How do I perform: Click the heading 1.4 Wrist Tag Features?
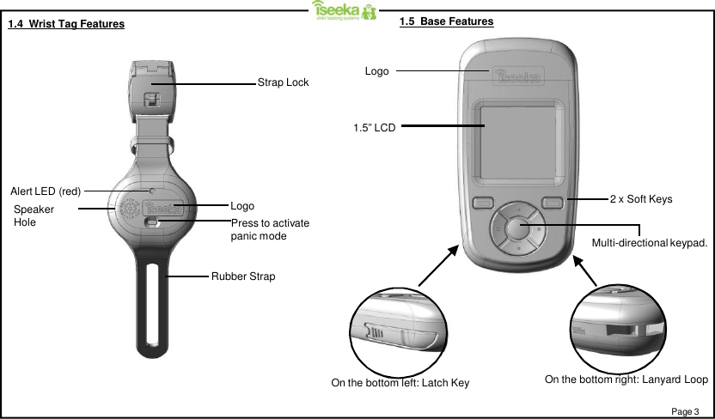pyautogui.click(x=65, y=24)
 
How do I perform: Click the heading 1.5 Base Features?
pyautogui.click(x=446, y=21)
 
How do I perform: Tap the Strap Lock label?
pyautogui.click(x=283, y=82)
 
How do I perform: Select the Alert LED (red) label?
pyautogui.click(x=46, y=190)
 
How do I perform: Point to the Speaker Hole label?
pyautogui.click(x=34, y=216)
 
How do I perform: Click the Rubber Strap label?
pyautogui.click(x=243, y=276)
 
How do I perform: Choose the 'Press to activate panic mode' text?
pyautogui.click(x=270, y=229)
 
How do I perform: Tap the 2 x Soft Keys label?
pyautogui.click(x=640, y=199)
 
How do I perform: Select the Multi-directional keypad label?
pyautogui.click(x=650, y=244)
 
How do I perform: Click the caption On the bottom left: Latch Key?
pyautogui.click(x=400, y=382)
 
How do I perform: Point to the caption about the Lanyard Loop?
pyautogui.click(x=626, y=380)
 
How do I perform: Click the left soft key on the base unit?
pyautogui.click(x=482, y=203)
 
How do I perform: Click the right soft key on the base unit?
pyautogui.click(x=552, y=203)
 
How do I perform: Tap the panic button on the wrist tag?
pyautogui.click(x=152, y=222)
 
